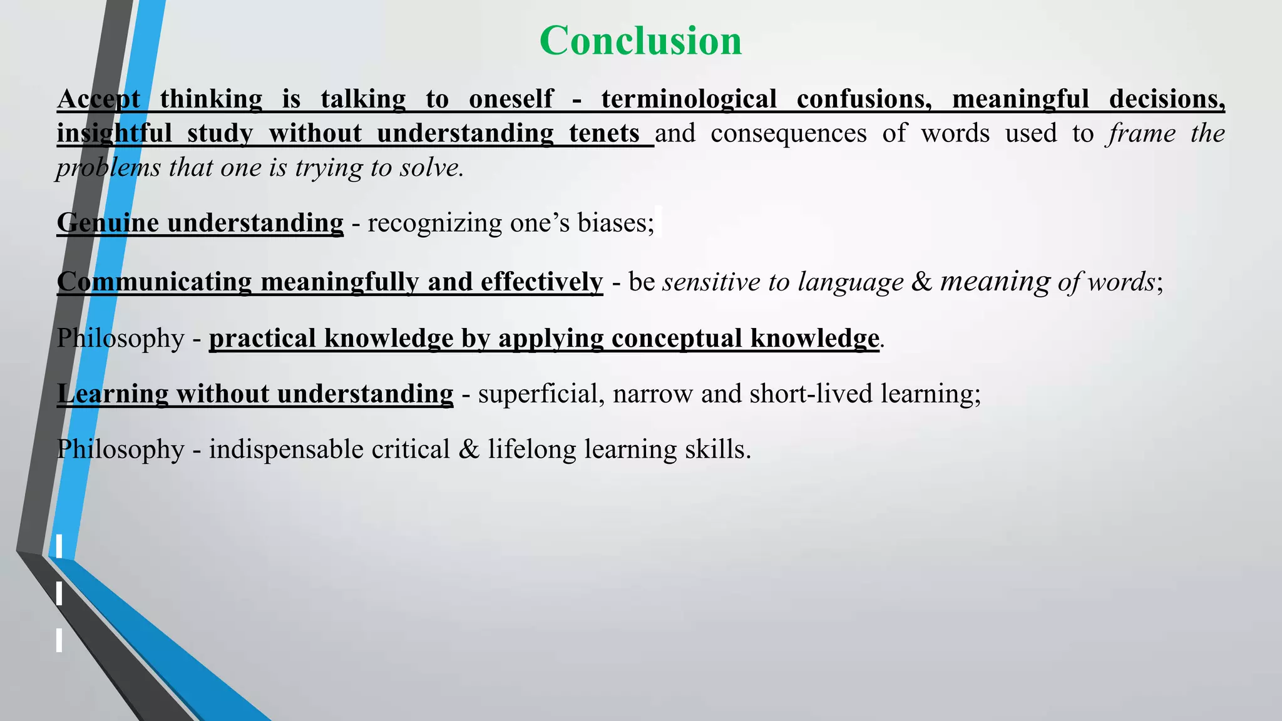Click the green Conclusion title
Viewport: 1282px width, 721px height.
tap(640, 41)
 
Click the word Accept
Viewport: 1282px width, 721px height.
tap(98, 99)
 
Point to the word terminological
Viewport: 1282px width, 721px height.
tap(689, 99)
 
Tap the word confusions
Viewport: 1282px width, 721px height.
tap(864, 99)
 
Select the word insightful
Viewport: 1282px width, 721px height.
tap(114, 133)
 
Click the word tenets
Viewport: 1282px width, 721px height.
tap(604, 133)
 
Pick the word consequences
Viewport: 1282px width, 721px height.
tap(789, 133)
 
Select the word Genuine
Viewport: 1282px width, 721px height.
tap(107, 223)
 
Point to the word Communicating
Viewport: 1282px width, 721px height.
tap(154, 282)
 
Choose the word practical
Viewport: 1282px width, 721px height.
tap(262, 338)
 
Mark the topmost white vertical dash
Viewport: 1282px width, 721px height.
tap(59, 546)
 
